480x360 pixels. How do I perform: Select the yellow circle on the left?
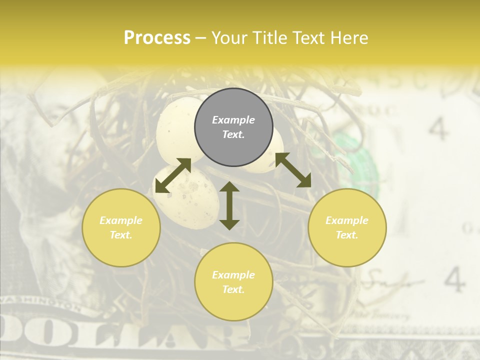(x=121, y=227)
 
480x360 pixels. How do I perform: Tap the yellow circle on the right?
(x=347, y=227)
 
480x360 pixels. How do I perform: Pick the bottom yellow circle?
(x=233, y=281)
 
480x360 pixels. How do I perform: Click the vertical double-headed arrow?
(x=229, y=205)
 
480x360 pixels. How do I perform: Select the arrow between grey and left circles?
(x=173, y=175)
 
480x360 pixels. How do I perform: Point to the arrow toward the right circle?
(x=293, y=170)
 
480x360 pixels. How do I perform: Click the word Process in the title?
(x=157, y=38)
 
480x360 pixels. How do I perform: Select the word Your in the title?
(x=228, y=38)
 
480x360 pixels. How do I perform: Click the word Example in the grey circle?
(x=233, y=120)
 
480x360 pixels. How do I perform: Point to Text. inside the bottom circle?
(x=233, y=289)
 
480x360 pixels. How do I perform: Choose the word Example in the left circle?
(x=121, y=220)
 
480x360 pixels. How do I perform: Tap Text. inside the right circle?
(x=347, y=235)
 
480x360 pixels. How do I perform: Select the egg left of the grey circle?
(x=175, y=127)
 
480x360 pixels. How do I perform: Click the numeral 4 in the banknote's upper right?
(x=438, y=129)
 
